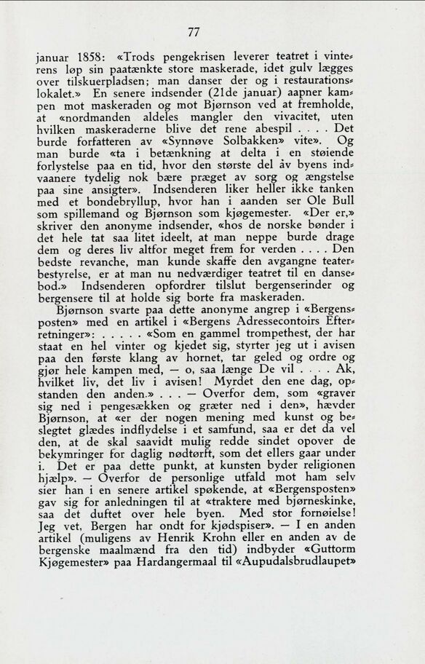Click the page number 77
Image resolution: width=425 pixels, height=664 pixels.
(x=193, y=32)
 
